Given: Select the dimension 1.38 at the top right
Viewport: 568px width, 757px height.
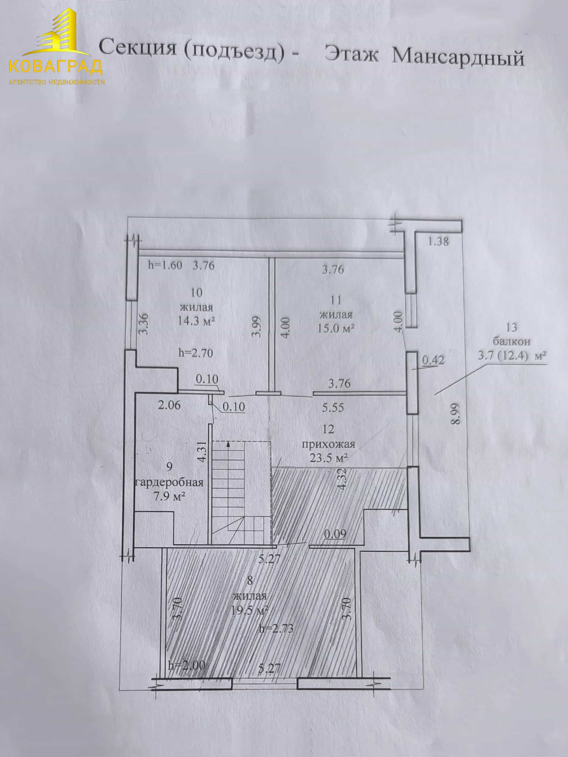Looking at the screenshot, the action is pyautogui.click(x=439, y=242).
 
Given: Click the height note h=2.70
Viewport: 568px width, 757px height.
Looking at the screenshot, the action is pyautogui.click(x=196, y=353).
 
